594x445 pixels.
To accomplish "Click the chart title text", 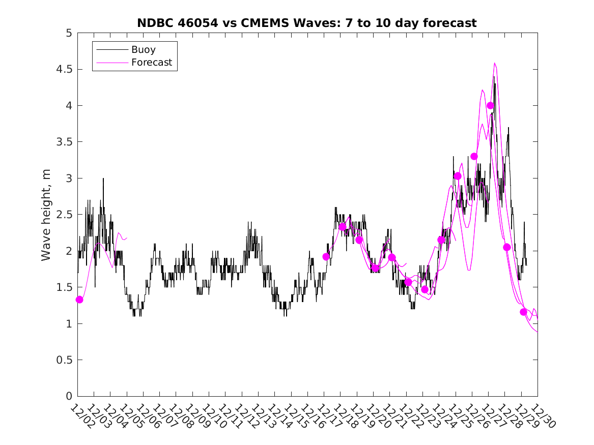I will coord(307,23).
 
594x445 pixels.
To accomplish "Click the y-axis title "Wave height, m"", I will coord(46,215).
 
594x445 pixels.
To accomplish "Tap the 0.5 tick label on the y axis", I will coord(65,360).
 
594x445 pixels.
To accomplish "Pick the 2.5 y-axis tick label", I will coord(65,215).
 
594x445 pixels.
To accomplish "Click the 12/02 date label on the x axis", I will coord(81,417).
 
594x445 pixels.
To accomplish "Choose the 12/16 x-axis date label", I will coord(311,417).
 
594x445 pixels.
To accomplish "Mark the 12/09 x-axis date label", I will coord(196,417).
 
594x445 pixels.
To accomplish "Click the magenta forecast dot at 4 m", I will coord(490,105).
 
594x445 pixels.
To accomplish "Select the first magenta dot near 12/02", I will coord(79,300).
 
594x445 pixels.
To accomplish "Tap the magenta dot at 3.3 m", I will coord(474,156).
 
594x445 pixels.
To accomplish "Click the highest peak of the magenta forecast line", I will coord(494,63).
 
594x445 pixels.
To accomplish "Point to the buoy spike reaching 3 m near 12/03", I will coord(103,179).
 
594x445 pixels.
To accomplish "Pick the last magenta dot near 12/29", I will coord(523,312).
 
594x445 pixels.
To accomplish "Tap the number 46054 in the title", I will coord(196,23).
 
